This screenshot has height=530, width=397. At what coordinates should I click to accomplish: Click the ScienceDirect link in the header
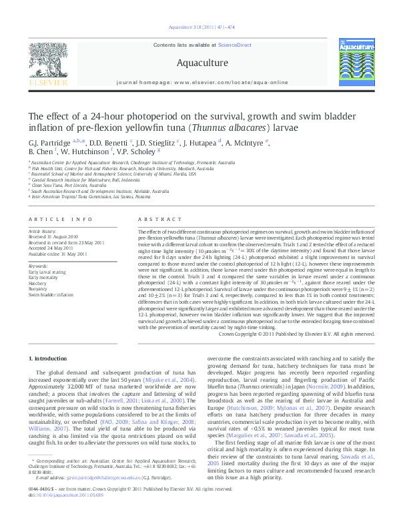point(237,45)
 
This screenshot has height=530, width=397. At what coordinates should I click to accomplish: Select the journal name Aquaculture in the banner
point(198,63)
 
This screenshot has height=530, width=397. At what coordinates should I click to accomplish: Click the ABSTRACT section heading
point(155,220)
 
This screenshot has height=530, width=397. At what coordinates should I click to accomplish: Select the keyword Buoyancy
point(39,288)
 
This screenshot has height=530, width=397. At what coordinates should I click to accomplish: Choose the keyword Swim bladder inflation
point(51,294)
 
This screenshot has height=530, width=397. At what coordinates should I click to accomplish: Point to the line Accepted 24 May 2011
point(51,248)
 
